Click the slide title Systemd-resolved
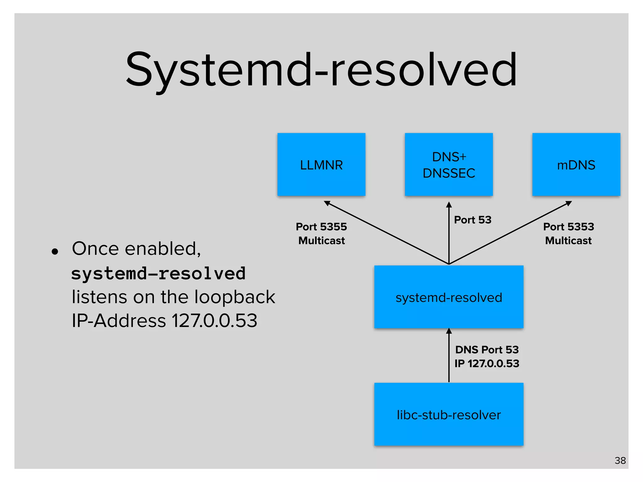(321, 70)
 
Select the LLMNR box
(321, 164)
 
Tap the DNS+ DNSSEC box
(449, 164)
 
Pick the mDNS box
(576, 164)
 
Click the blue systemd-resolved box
(449, 297)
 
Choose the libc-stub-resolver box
(449, 414)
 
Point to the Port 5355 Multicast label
(321, 233)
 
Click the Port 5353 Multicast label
(569, 233)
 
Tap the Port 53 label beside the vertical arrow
(473, 220)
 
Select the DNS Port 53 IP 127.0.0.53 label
(487, 356)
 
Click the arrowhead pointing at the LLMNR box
(327, 203)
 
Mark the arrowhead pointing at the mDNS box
(568, 203)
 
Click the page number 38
(620, 460)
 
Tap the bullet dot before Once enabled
(55, 251)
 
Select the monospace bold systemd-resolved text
(158, 273)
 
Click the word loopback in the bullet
(235, 297)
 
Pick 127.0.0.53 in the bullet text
(214, 321)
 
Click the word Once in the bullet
(96, 249)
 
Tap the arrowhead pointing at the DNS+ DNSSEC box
(449, 205)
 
